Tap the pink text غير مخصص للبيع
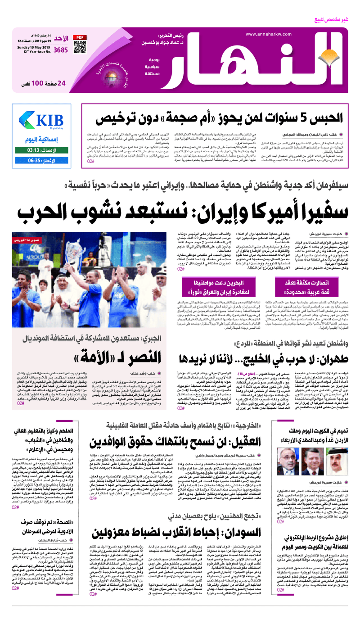pyautogui.click(x=338, y=19)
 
